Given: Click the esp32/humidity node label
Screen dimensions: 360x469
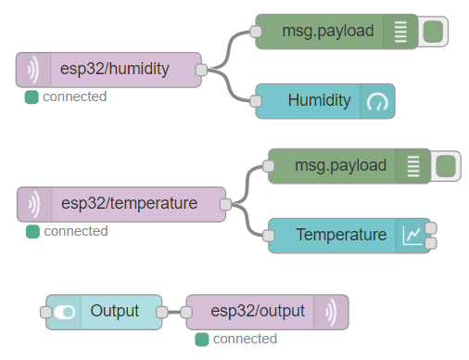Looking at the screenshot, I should click(114, 70).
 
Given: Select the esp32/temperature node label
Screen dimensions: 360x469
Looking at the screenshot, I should click(129, 203).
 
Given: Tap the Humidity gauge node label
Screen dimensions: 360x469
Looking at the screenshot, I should click(319, 100).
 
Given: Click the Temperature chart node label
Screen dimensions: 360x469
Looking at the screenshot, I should click(340, 235).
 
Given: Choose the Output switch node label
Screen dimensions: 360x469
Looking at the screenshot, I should click(115, 312).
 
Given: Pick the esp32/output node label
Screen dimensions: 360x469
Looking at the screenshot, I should click(258, 312).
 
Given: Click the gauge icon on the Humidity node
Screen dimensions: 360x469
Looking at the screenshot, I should click(378, 101).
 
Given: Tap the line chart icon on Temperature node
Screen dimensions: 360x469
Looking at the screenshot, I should click(412, 236).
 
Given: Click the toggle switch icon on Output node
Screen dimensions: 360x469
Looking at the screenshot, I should click(64, 313).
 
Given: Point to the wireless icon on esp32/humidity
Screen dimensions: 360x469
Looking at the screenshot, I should click(32, 70).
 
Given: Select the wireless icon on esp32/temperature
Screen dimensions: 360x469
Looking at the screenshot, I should click(34, 203).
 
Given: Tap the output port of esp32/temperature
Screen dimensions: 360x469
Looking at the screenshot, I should click(223, 203).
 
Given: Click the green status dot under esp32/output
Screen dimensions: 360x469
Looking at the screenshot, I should click(201, 340).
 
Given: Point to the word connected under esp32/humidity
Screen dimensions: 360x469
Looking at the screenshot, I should click(74, 96).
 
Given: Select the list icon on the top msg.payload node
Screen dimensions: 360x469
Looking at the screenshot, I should click(399, 32).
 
